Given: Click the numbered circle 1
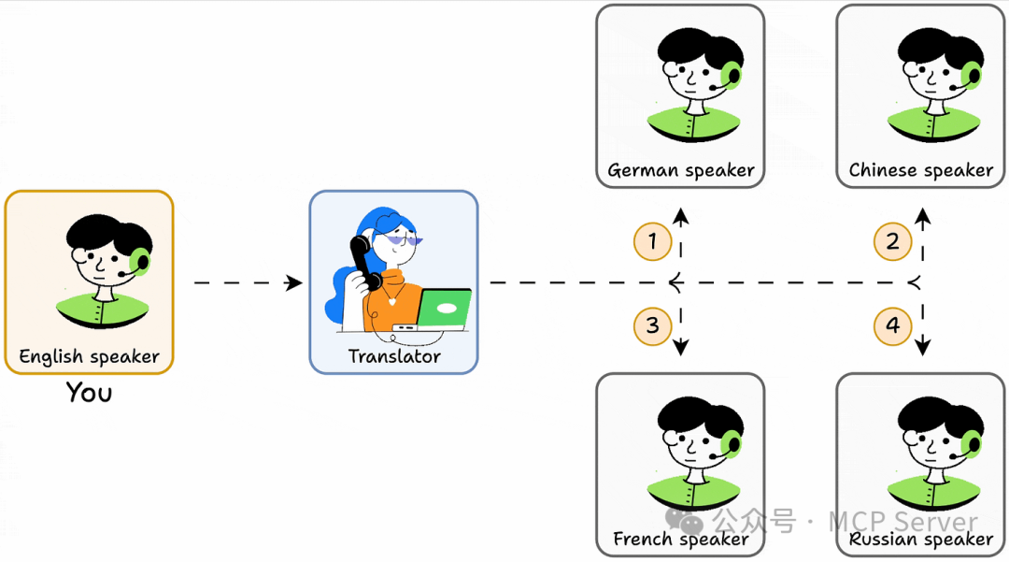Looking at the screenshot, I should coord(652,242).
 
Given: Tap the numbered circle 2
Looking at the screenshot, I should coord(892,242).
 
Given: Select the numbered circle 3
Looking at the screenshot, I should coord(652,325).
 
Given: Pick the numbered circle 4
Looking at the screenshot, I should coord(892,325).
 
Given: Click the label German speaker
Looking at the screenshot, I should coord(680,170).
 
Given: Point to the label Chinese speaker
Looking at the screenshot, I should coord(920,170).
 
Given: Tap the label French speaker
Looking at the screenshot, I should coord(680,539).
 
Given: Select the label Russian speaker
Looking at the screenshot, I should coord(920,540).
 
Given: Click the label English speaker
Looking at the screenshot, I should coord(90,356).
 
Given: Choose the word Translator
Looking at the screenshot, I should coord(393,356).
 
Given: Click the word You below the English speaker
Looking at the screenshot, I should coord(89,392).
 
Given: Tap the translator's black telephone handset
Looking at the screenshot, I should coord(363,262).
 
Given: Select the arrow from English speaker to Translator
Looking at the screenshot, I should coord(248,282).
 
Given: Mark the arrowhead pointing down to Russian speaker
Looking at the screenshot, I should coord(923,348).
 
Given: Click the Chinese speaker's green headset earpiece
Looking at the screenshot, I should coord(972,74).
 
